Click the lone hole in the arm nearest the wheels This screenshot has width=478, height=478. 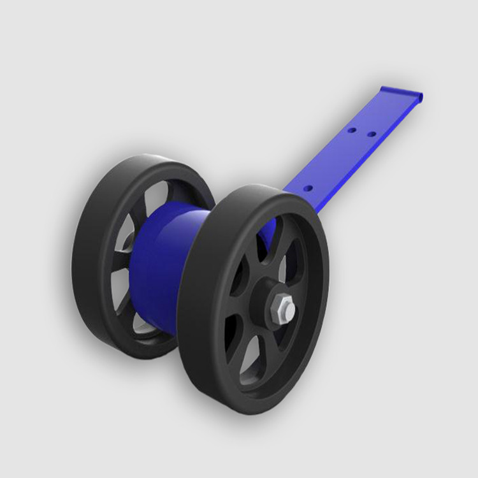pyautogui.click(x=307, y=189)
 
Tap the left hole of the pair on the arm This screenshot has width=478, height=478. pyautogui.click(x=351, y=130)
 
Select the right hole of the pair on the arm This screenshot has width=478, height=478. pyautogui.click(x=371, y=134)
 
